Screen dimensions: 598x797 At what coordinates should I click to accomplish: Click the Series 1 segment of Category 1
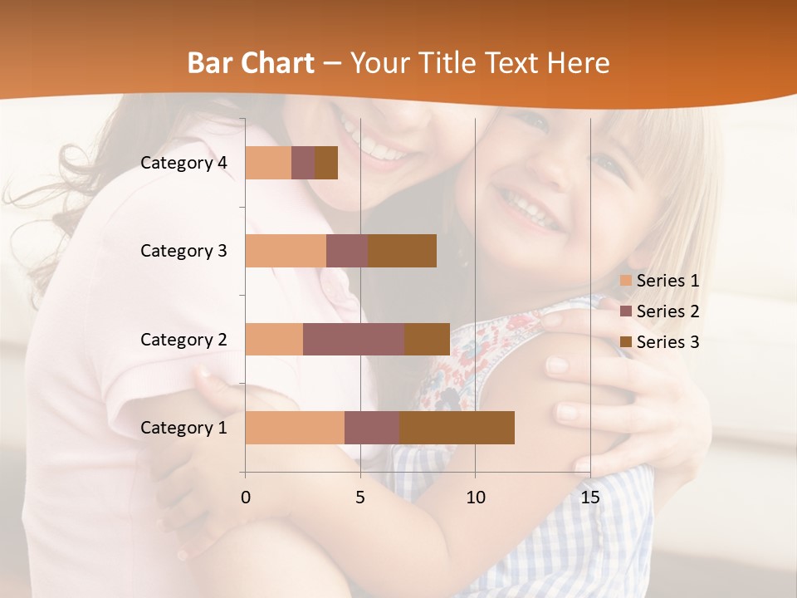tap(295, 427)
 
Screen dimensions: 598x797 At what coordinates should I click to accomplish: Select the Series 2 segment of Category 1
tap(372, 427)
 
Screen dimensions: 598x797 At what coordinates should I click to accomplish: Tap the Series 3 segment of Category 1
tap(457, 427)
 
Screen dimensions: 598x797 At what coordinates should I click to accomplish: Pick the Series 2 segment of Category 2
tap(354, 339)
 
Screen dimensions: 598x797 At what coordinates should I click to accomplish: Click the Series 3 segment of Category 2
tap(427, 339)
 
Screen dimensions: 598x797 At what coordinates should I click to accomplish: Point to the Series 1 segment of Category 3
tap(286, 250)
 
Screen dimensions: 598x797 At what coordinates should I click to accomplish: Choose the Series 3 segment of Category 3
tap(402, 250)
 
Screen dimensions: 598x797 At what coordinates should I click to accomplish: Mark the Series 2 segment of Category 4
tap(303, 162)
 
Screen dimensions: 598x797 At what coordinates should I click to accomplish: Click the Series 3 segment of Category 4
tap(326, 162)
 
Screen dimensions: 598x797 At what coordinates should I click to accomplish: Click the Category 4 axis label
tap(183, 163)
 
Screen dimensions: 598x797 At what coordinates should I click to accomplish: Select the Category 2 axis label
tap(183, 340)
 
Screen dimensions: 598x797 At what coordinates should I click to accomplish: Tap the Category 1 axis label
tap(183, 428)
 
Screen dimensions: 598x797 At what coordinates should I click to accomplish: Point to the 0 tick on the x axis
tap(246, 498)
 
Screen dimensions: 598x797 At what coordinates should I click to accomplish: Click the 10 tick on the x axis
tap(475, 498)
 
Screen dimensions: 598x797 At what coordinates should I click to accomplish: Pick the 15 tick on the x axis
tap(589, 498)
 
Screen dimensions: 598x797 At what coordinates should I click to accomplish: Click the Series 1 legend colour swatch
tap(625, 281)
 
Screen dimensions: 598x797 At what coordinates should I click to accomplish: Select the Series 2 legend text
tap(667, 311)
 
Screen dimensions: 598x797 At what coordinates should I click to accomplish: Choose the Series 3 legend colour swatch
tap(625, 342)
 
